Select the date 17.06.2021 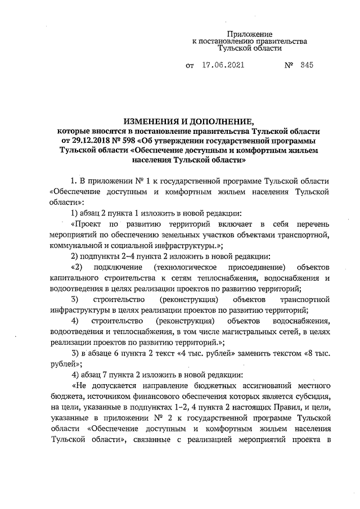(x=223, y=65)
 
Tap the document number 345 (x=307, y=65)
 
